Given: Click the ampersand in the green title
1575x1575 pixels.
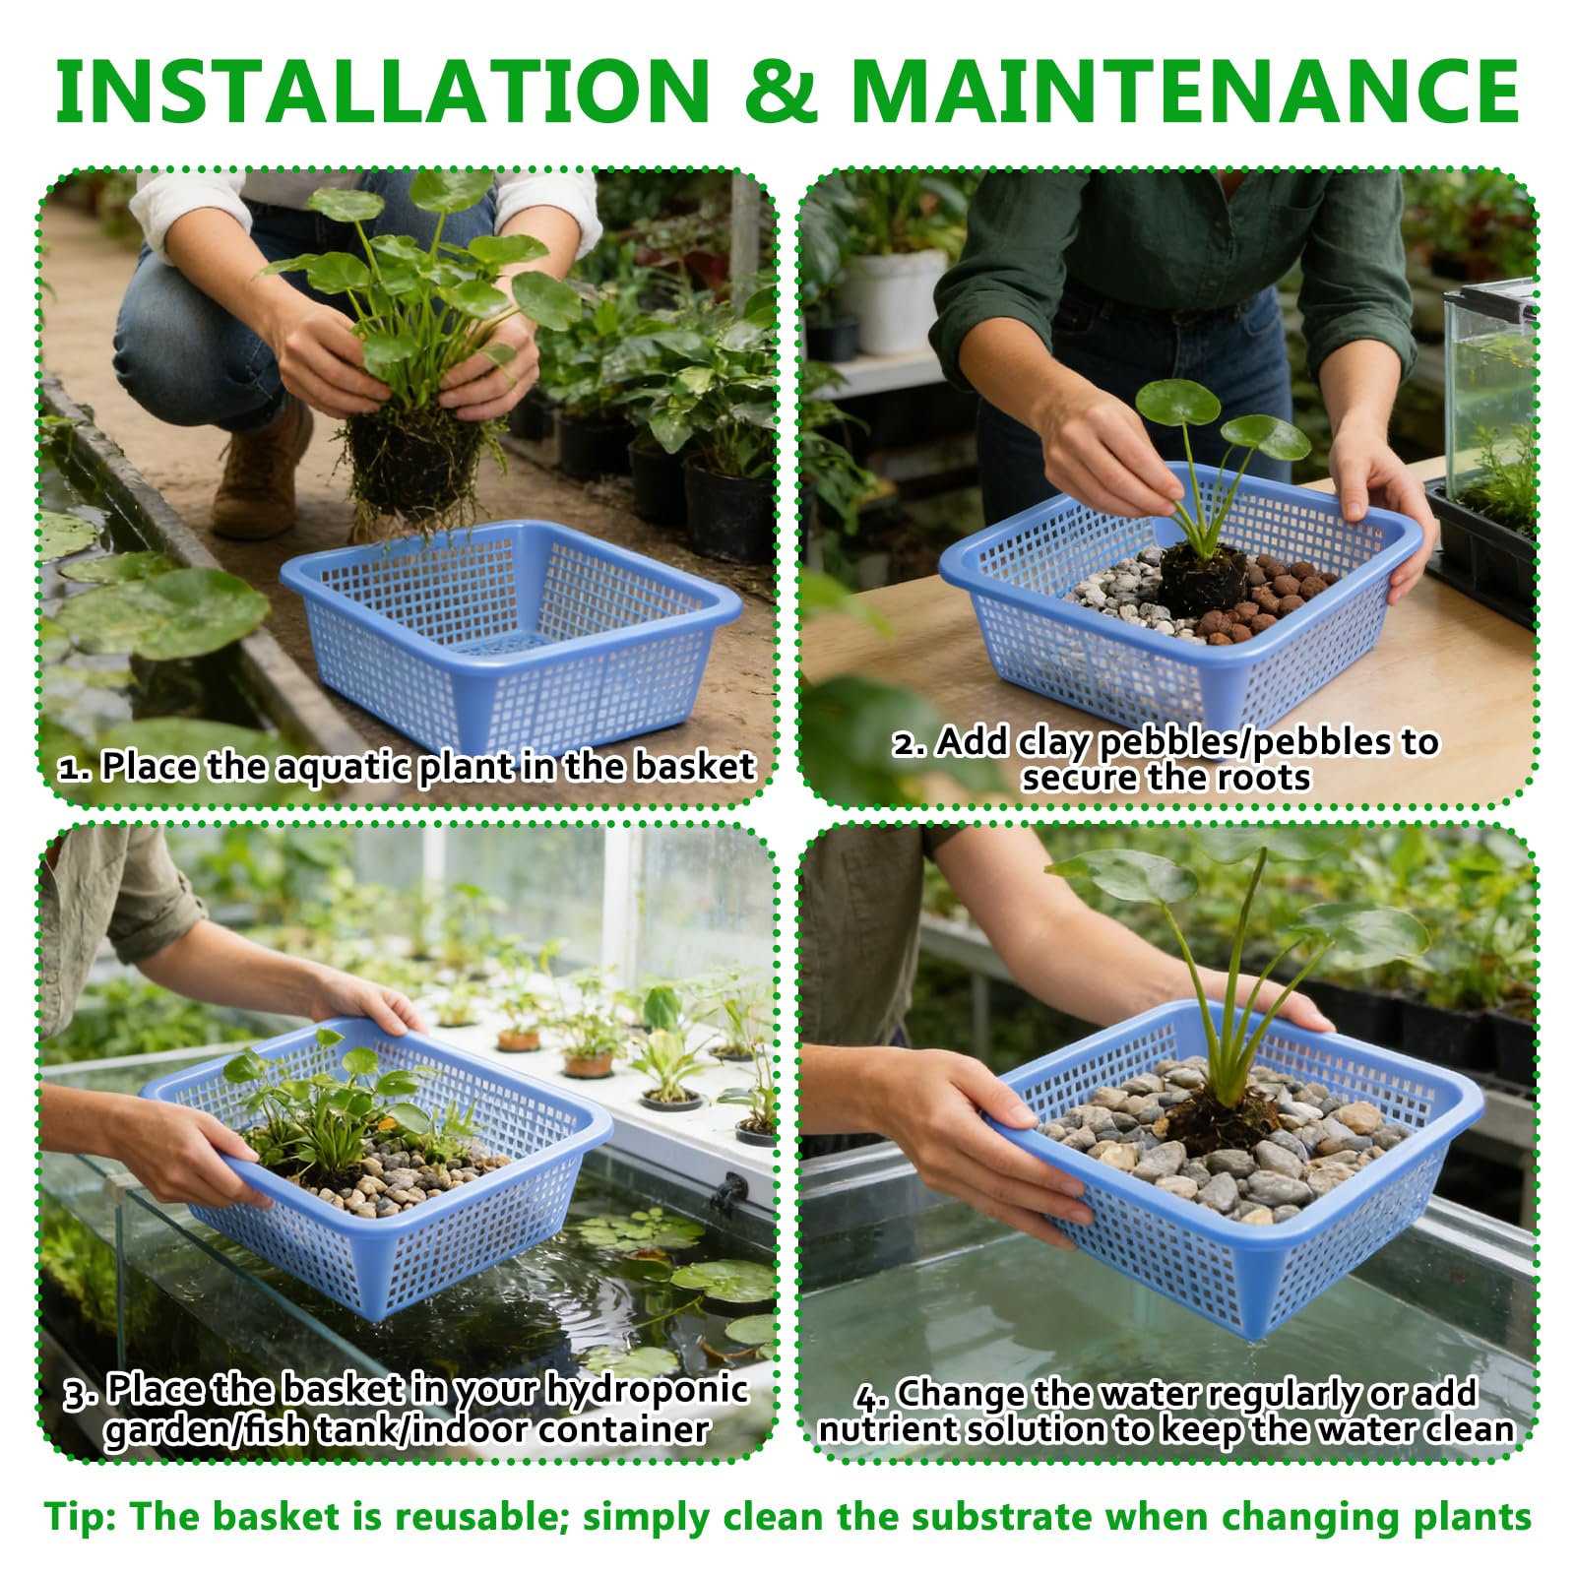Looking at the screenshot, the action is [781, 91].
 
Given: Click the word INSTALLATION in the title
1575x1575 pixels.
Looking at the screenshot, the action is [383, 91].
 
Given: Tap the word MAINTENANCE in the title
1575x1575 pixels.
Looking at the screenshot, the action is [1186, 91].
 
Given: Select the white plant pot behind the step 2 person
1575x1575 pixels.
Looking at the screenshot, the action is [894, 300].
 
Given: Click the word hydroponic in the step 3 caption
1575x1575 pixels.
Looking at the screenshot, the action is [647, 1390].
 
